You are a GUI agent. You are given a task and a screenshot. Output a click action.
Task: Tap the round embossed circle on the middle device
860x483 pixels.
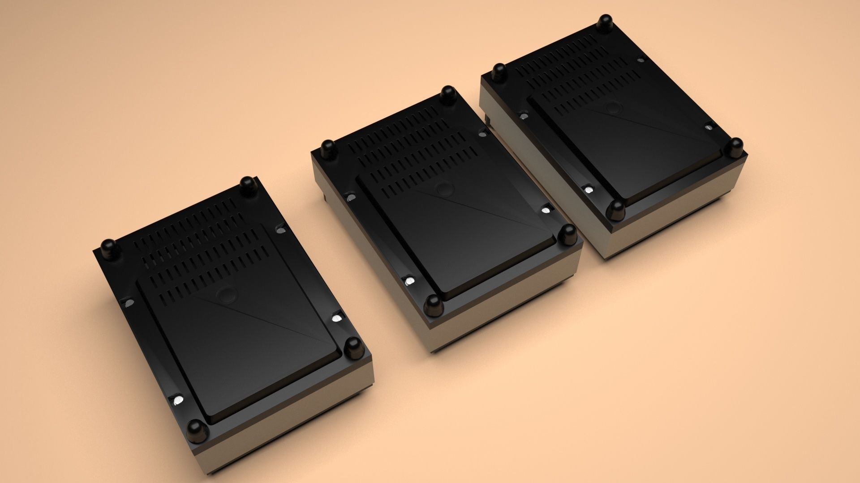(444, 188)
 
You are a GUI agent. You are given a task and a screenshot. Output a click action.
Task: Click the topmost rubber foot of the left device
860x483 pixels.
(247, 184)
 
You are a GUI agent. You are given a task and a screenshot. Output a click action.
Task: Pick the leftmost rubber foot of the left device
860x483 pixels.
(109, 249)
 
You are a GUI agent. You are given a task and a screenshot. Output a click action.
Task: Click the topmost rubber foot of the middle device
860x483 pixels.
(447, 95)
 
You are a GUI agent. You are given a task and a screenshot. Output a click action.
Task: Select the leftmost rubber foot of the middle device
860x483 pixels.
(328, 149)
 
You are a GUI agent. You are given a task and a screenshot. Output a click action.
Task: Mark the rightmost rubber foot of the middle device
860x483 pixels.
(568, 234)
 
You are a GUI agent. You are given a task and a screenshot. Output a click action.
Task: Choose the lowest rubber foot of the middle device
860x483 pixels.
(433, 305)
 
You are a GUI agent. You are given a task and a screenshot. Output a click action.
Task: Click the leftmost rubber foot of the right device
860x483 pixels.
(499, 72)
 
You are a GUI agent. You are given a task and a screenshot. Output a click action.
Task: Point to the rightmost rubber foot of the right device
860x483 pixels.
(735, 147)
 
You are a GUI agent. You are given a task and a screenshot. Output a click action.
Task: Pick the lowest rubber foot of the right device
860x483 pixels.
(616, 210)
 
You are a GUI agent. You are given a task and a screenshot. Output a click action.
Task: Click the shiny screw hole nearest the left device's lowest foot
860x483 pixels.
(177, 399)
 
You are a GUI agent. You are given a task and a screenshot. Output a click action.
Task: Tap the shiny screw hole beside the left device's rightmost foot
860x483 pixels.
(336, 319)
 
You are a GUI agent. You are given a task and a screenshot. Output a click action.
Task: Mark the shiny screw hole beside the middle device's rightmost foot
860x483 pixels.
(546, 209)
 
